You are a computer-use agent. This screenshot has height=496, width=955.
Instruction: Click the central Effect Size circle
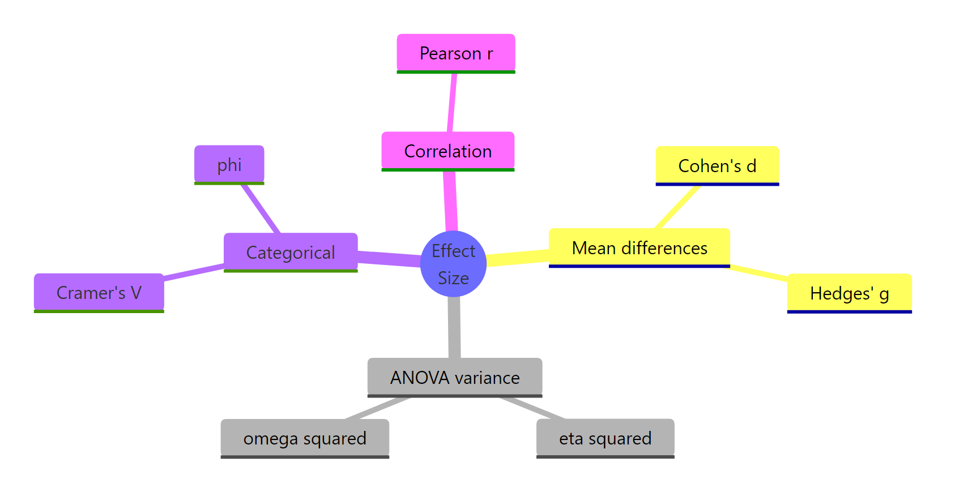[x=453, y=264]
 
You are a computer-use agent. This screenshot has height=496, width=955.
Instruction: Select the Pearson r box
[x=456, y=53]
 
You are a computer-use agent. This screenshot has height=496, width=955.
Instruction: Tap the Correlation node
[x=447, y=151]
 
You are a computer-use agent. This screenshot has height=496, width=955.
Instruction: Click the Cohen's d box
[x=717, y=166]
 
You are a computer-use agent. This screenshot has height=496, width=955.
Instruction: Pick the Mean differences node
[x=639, y=248]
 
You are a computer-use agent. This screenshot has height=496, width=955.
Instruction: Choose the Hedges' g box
[x=849, y=293]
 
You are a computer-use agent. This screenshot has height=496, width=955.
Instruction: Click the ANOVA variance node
[x=455, y=377]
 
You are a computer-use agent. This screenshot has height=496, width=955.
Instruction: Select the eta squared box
[x=605, y=438]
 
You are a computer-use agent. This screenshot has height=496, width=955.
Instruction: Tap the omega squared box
[x=305, y=438]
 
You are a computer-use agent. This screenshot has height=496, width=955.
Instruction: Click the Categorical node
[x=291, y=253]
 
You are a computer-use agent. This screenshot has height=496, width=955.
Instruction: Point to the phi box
[x=229, y=165]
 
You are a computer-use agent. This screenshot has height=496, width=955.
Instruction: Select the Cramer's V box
[x=99, y=293]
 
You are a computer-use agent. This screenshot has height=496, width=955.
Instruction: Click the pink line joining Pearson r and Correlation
[x=452, y=102]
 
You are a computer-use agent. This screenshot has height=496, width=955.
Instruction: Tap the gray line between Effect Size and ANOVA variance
[x=454, y=327]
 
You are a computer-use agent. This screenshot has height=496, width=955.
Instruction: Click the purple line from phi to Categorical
[x=261, y=208]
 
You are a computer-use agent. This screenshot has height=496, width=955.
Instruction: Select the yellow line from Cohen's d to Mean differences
[x=677, y=207]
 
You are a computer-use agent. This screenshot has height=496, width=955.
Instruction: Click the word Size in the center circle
[x=453, y=278]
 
